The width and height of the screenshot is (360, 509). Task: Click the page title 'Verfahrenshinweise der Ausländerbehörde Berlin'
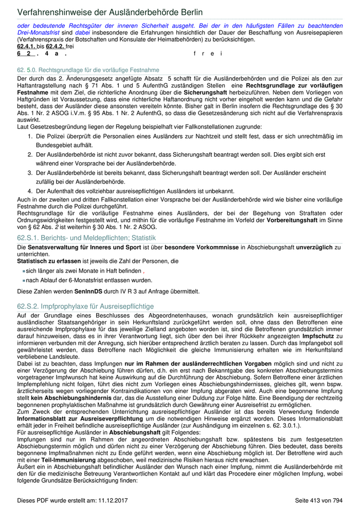coord(110,12)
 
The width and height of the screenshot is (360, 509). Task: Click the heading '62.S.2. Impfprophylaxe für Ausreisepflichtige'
coord(85,306)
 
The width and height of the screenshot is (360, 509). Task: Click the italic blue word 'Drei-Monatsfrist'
coord(37,32)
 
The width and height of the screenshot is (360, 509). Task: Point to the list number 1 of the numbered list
coord(30,136)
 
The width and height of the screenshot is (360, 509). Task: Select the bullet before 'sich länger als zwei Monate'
coord(24,271)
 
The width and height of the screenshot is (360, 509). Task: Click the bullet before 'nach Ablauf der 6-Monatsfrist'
coord(24,281)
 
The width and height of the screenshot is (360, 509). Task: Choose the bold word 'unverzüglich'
coord(310,248)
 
